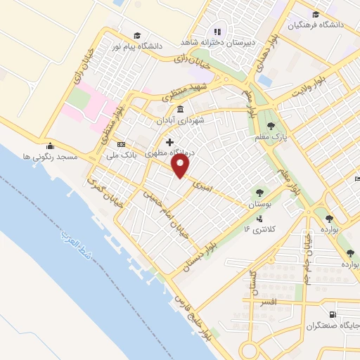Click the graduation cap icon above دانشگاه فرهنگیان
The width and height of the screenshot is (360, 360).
point(316,14)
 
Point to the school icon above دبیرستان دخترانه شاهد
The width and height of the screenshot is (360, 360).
point(217,32)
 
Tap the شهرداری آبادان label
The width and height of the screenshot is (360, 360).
point(181,120)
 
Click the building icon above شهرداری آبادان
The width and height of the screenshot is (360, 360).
point(181,109)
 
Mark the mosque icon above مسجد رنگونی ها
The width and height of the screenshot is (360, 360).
point(51,146)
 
